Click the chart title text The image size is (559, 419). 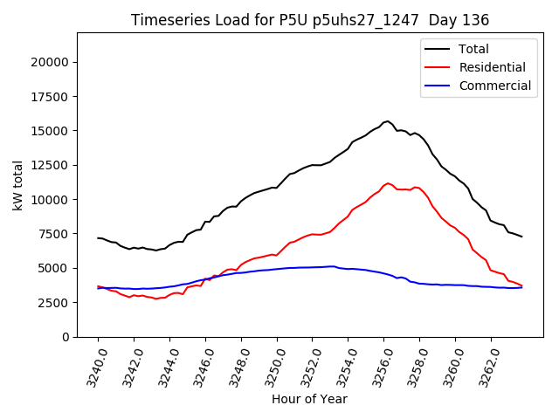pyautogui.click(x=310, y=20)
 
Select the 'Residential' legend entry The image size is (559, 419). pyautogui.click(x=492, y=67)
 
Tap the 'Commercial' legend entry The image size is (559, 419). pyautogui.click(x=494, y=86)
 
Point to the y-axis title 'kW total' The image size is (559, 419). pyautogui.click(x=17, y=185)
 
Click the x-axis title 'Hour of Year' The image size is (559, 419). pyautogui.click(x=309, y=399)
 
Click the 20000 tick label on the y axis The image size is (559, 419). pyautogui.click(x=51, y=62)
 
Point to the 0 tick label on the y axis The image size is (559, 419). pyautogui.click(x=66, y=337)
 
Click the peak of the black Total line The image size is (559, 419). pyautogui.click(x=388, y=121)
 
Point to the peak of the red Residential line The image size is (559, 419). pyautogui.click(x=389, y=183)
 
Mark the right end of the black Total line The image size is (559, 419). pyautogui.click(x=521, y=237)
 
